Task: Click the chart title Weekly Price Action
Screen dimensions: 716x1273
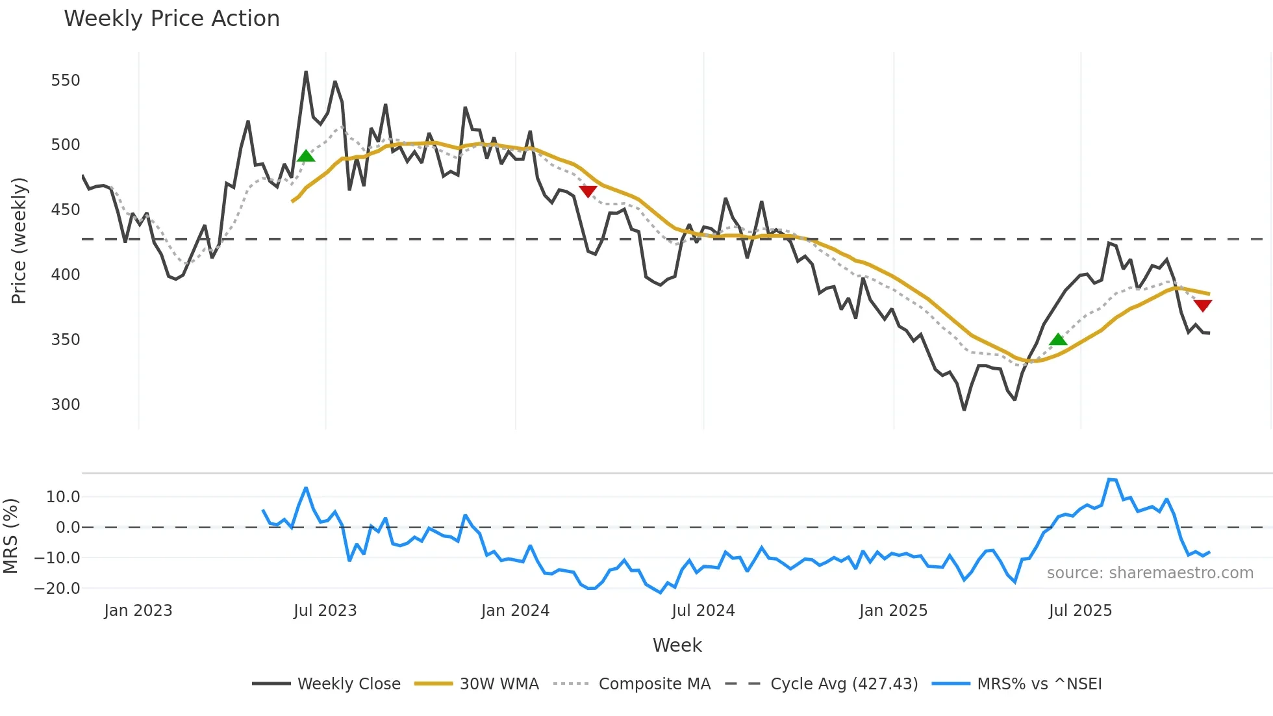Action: point(171,19)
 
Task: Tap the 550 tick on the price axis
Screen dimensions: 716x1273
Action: point(66,81)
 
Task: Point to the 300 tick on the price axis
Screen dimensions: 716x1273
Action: point(66,405)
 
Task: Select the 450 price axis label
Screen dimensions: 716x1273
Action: point(66,210)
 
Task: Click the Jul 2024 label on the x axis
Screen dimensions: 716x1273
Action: point(703,611)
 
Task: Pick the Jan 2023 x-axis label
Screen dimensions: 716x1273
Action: point(138,611)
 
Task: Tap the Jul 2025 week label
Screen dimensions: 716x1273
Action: point(1080,611)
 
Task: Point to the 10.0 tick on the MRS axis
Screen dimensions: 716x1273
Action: point(63,497)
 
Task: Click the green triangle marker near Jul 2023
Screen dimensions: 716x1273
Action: point(306,156)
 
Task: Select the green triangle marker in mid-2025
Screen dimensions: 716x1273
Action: point(1058,339)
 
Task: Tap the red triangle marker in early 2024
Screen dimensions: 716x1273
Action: point(588,191)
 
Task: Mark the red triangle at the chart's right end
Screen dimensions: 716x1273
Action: point(1203,305)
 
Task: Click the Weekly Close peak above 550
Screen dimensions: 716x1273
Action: point(306,72)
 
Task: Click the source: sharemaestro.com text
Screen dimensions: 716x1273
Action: point(1150,573)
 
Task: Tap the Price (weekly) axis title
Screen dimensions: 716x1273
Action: point(19,240)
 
